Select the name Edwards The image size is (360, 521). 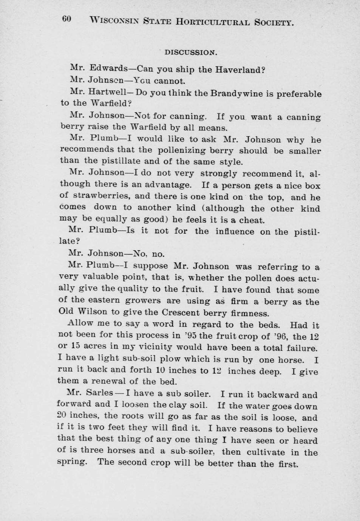click(x=108, y=68)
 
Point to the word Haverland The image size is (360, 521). click(x=240, y=70)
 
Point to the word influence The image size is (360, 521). click(x=235, y=231)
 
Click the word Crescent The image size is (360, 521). click(x=181, y=313)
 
